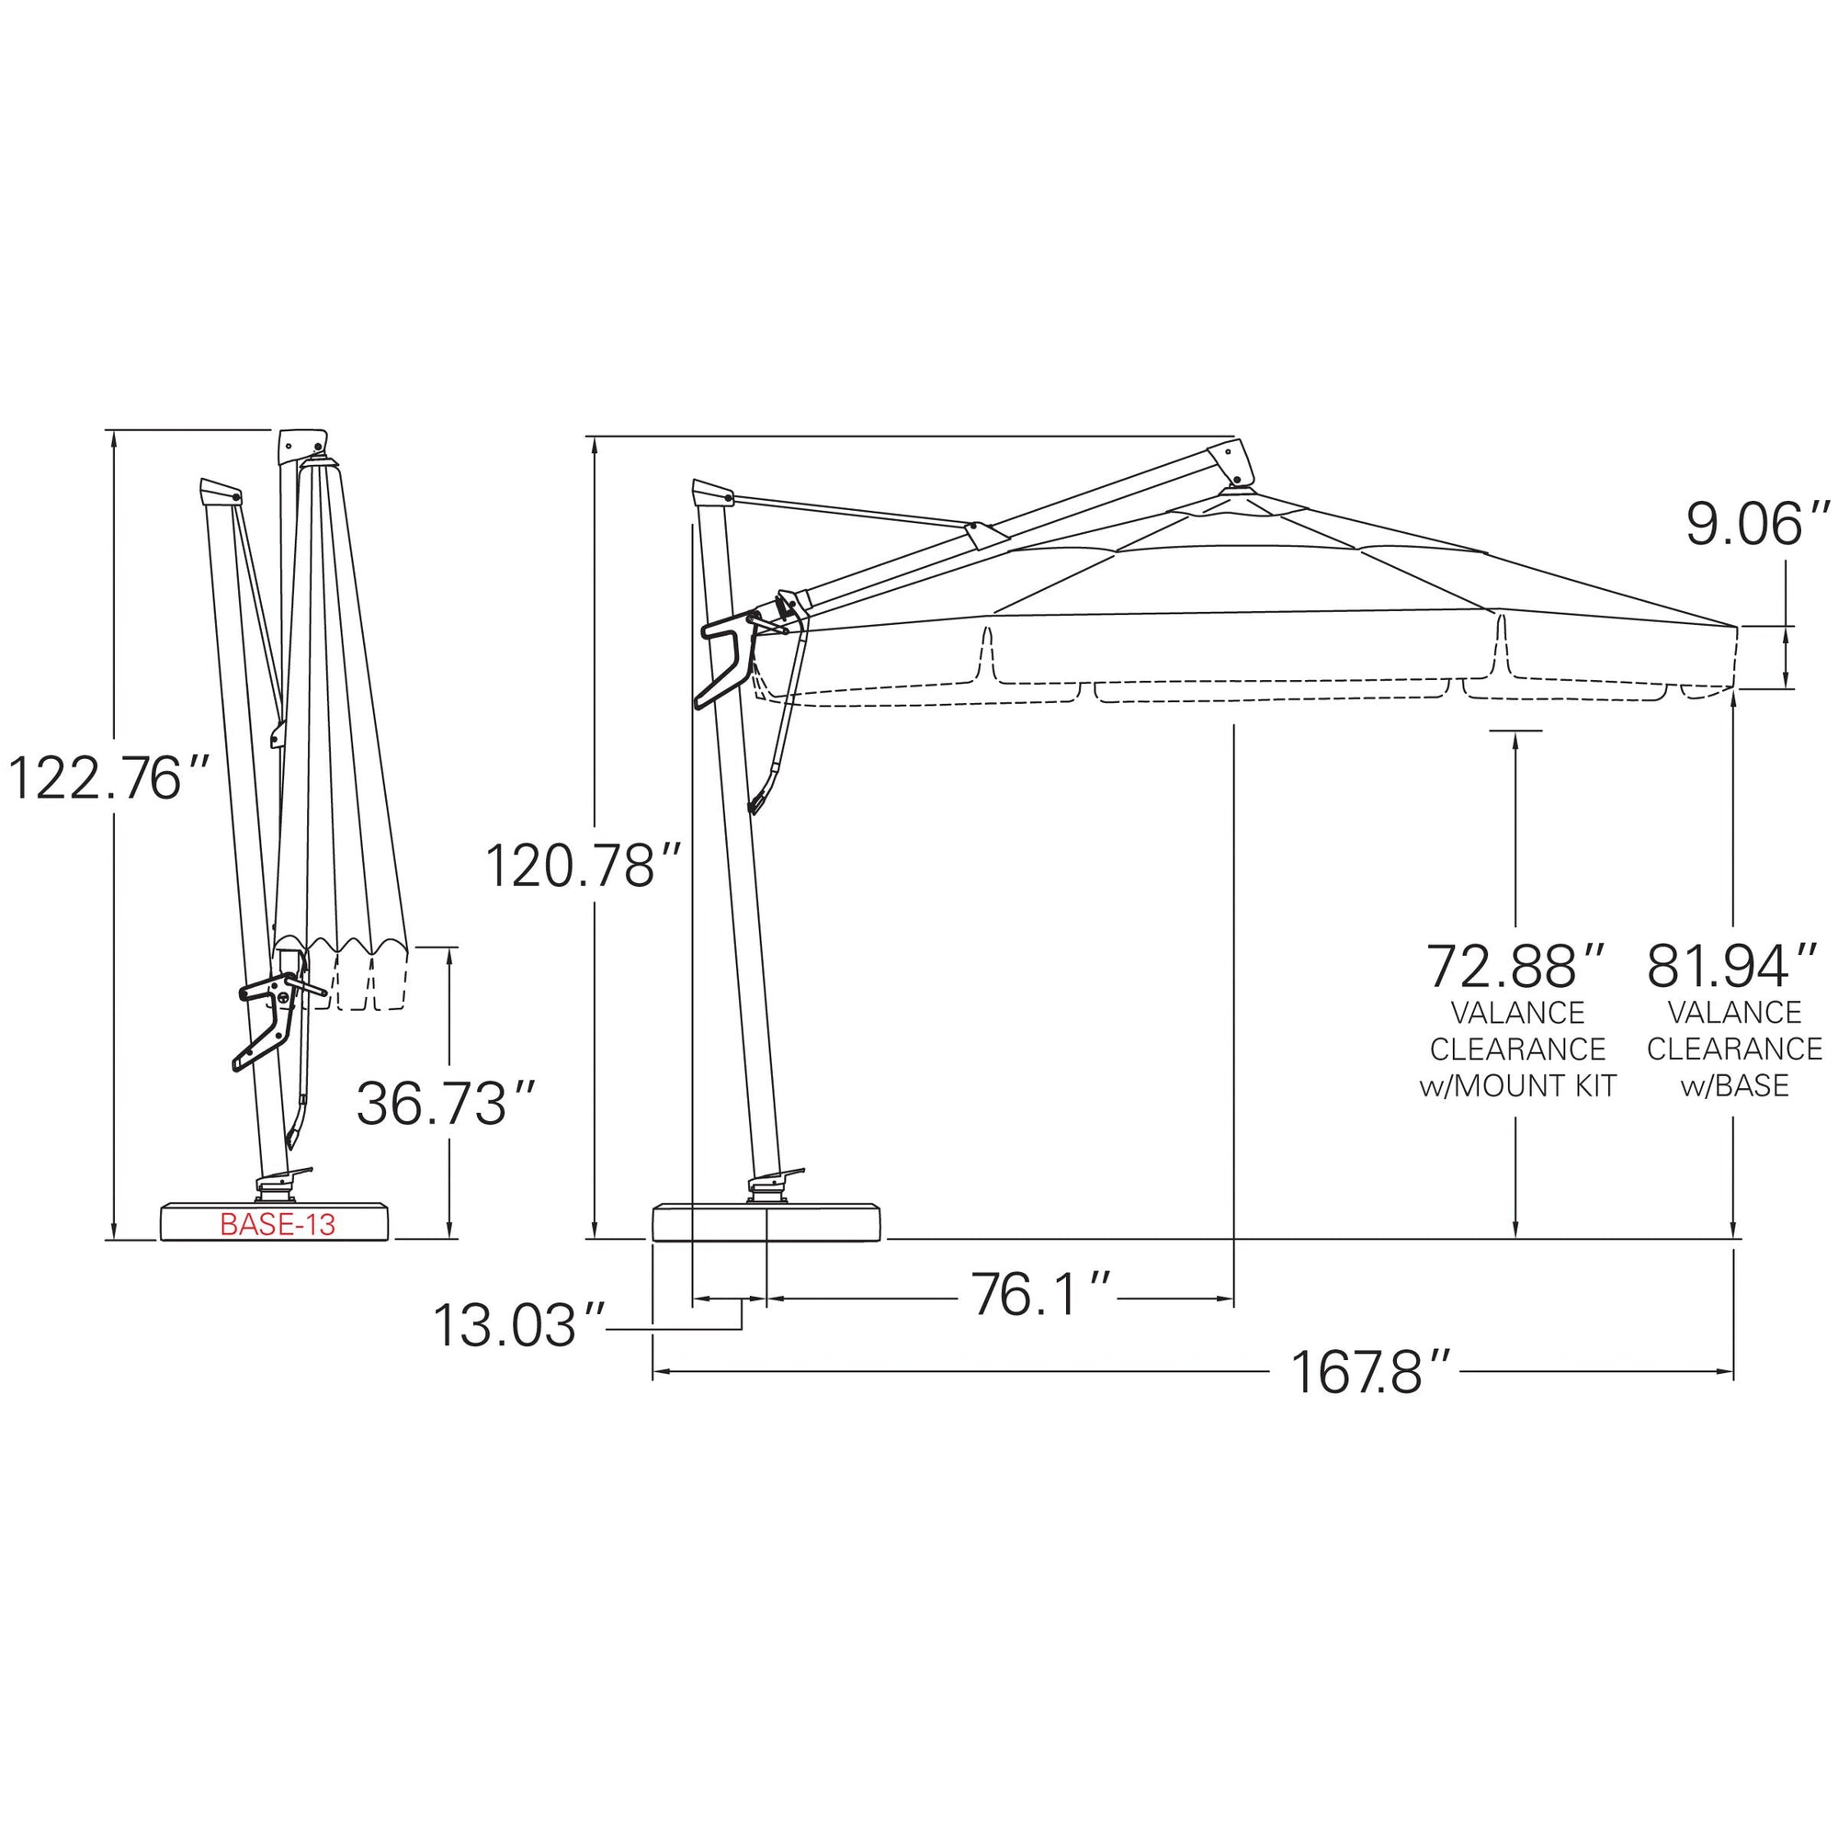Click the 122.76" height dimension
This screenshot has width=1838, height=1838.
108,777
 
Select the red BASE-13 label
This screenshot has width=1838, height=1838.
277,1224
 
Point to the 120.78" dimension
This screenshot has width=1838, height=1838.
584,865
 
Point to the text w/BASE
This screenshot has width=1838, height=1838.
1734,1085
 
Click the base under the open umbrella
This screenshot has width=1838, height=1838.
766,1223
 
